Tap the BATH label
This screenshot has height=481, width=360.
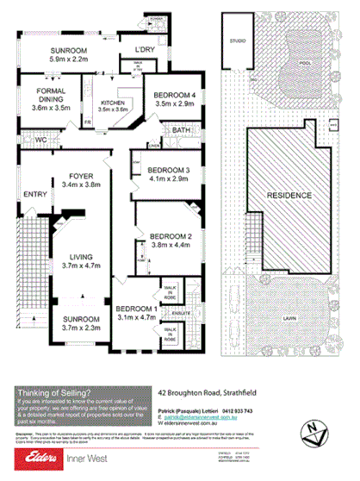(180, 130)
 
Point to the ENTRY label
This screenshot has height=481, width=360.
(35, 194)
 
